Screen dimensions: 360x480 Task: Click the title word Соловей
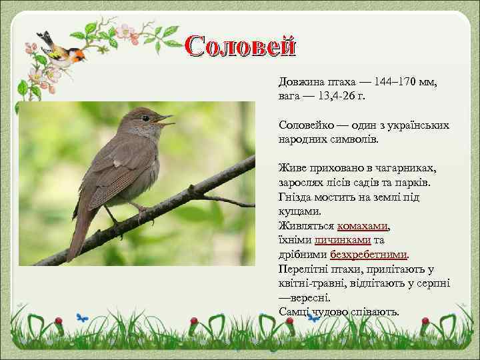[240, 45]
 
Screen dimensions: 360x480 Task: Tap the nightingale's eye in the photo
[145, 118]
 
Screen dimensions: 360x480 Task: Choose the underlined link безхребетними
[369, 254]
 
